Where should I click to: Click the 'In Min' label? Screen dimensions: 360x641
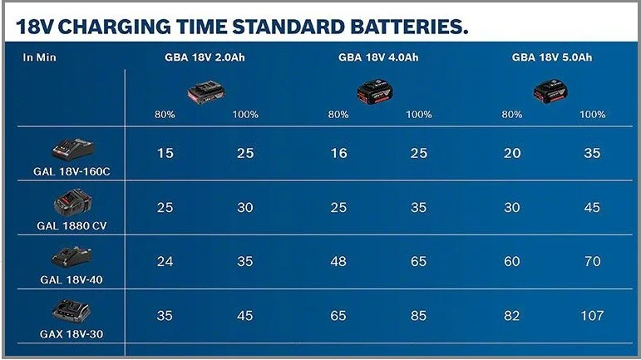coord(39,57)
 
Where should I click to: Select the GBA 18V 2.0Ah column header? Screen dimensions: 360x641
coord(204,57)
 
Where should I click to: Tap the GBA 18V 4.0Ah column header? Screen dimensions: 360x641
coord(378,57)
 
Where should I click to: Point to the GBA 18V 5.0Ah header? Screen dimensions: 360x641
coord(552,57)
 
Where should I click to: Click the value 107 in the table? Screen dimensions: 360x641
coord(591,316)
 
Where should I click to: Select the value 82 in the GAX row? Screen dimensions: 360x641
coord(512,316)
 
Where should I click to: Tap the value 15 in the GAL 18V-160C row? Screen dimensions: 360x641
coord(165,153)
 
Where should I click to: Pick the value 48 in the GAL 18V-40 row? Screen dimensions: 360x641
coord(338,261)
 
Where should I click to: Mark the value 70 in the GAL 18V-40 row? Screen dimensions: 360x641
coord(591,261)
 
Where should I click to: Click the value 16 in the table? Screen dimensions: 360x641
coord(338,153)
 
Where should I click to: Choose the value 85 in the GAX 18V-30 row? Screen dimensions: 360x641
coord(418,316)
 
